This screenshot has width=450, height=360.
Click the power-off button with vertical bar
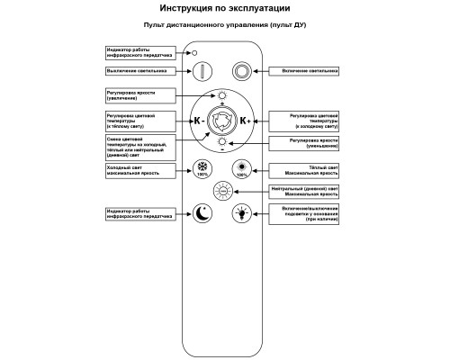[203, 71]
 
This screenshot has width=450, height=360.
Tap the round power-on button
[242, 71]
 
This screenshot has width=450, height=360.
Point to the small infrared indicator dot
[194, 54]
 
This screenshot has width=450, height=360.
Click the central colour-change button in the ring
[223, 120]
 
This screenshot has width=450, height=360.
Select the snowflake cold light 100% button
[204, 168]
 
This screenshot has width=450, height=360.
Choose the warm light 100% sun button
[241, 168]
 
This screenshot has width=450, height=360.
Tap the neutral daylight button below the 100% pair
[223, 192]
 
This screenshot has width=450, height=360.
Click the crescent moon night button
[203, 212]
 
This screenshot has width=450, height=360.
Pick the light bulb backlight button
[242, 212]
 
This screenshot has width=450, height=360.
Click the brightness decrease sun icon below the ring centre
[223, 141]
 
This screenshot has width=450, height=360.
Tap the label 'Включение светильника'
[308, 69]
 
